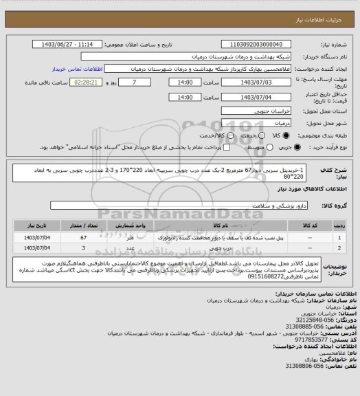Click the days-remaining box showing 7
(133, 82)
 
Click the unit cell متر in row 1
(131, 236)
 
